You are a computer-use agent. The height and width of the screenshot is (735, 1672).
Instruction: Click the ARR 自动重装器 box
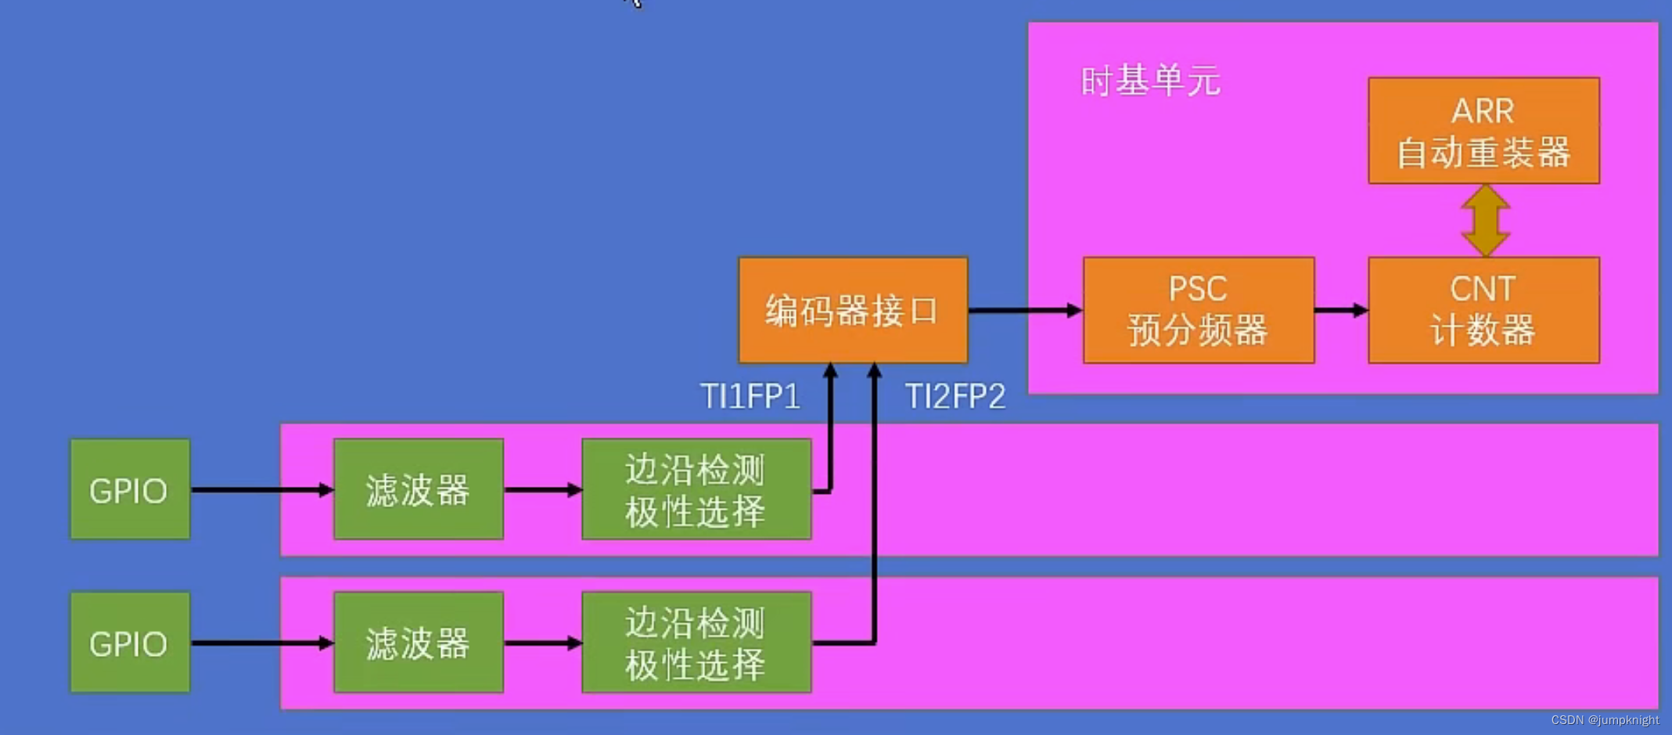(x=1483, y=131)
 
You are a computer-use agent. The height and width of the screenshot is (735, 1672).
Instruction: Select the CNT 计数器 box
(x=1483, y=310)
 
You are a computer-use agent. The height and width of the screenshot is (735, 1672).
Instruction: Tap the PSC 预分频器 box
(x=1198, y=310)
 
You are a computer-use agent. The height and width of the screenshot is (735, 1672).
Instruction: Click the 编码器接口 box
(x=852, y=310)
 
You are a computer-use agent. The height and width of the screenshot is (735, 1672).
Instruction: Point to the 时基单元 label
(x=1149, y=81)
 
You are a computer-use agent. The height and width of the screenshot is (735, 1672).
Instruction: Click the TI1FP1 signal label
(x=750, y=397)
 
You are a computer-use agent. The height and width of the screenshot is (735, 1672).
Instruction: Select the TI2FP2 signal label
(x=955, y=397)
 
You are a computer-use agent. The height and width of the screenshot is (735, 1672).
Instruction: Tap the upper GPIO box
(x=129, y=489)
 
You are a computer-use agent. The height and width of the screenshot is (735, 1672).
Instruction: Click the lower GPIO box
(x=129, y=643)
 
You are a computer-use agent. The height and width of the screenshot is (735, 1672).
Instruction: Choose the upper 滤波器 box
(x=418, y=489)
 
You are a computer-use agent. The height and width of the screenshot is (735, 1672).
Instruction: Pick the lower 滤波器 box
(x=418, y=643)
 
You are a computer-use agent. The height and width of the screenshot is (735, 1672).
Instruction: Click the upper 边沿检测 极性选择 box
(x=696, y=489)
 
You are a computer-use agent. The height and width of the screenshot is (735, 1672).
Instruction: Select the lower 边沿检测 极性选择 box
(x=696, y=643)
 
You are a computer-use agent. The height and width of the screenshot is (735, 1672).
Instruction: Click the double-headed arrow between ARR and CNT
(x=1484, y=220)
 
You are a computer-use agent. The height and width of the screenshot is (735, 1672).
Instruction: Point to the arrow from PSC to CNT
(x=1340, y=311)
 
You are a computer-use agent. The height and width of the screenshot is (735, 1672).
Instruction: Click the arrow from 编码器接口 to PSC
(x=1025, y=311)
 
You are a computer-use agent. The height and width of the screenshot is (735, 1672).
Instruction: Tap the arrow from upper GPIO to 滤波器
(x=262, y=490)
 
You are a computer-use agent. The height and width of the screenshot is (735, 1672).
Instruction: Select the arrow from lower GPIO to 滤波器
(x=262, y=643)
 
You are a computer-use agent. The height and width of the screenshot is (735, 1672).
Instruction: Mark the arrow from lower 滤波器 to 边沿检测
(x=542, y=643)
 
